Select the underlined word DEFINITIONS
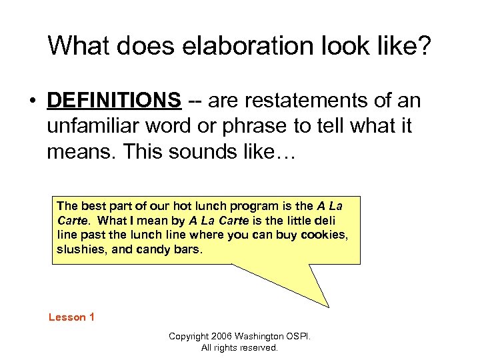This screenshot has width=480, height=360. coord(114,101)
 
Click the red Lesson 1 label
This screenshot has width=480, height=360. coord(71,317)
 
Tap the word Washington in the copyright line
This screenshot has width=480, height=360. coord(261,337)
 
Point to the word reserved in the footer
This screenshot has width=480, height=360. coord(258,347)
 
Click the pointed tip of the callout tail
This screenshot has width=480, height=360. coord(328,307)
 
